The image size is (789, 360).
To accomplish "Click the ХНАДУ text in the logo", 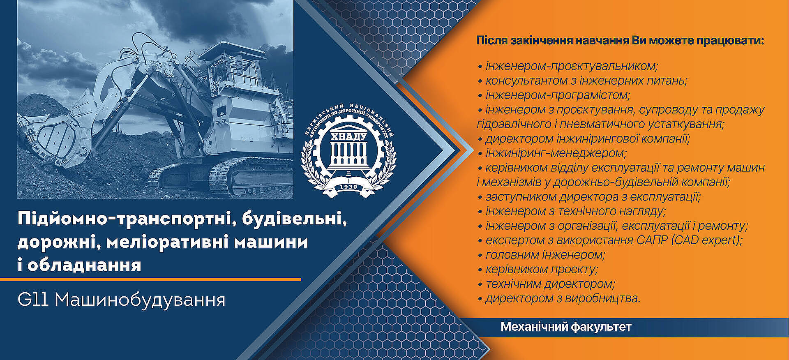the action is click(x=349, y=136).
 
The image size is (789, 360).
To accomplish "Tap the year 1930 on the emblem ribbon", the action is click(x=348, y=187).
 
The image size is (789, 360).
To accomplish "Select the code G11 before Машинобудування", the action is click(x=33, y=300).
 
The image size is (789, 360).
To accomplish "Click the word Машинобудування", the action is click(x=140, y=300).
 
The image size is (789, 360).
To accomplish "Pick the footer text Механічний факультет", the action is click(x=566, y=327).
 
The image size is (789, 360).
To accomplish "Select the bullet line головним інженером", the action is click(x=542, y=255).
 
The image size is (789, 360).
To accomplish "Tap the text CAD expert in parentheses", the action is click(x=707, y=240).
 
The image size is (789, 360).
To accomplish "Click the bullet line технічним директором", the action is click(x=546, y=284).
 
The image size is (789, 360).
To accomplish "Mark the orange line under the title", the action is click(x=150, y=279).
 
